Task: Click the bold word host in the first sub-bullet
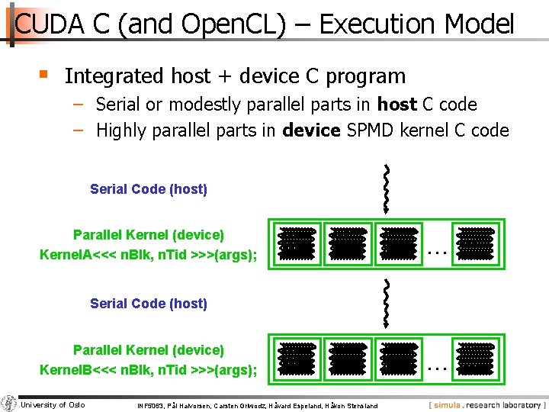coord(396,105)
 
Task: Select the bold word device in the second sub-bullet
coord(311,130)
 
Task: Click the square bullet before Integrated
coord(44,75)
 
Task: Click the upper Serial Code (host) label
coord(149,189)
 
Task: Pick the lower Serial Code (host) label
coord(149,304)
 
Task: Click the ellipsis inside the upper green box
coord(435,249)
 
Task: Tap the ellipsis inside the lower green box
coord(435,365)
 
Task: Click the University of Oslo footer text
coord(53,404)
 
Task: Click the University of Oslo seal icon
coord(10,404)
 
